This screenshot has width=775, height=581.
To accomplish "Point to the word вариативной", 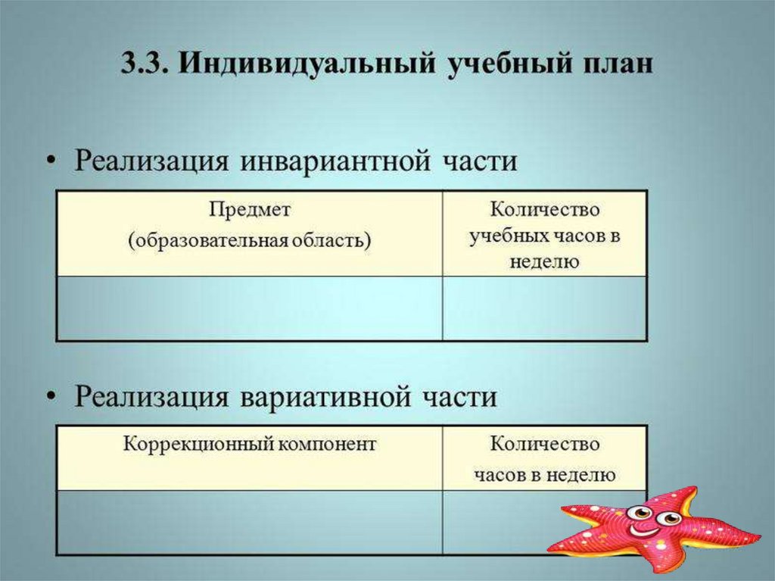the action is pos(330,396).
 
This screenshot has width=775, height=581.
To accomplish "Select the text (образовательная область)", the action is pos(249,241).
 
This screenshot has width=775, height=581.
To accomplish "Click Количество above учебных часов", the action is pos(544,210).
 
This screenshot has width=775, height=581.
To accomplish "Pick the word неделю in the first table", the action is pos(544,262).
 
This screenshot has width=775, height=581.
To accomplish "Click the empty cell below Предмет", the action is pos(249,308).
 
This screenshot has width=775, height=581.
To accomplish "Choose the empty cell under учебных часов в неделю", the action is pos(544,308).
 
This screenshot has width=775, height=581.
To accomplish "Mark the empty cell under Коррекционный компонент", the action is pos(249,523).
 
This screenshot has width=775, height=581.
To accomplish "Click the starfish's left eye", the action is pos(640,513).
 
